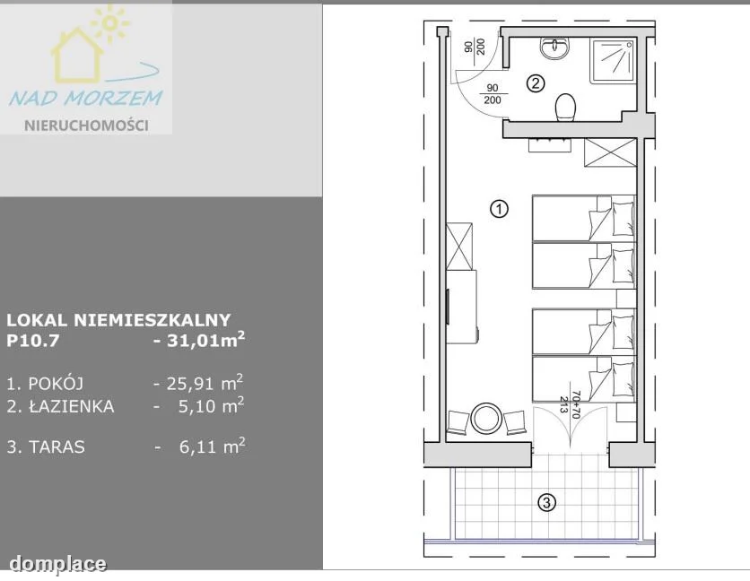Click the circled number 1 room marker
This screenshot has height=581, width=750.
(500, 209)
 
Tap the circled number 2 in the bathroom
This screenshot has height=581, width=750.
(536, 83)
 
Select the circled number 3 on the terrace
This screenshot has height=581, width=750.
(546, 503)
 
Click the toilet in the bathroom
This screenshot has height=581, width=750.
(565, 106)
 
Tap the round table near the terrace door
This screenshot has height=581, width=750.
(486, 420)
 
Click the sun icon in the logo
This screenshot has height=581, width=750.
(109, 22)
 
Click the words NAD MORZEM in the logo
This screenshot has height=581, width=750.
(85, 98)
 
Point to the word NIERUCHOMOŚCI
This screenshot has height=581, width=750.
(87, 126)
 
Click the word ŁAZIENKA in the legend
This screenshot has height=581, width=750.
(72, 406)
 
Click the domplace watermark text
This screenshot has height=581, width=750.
(58, 564)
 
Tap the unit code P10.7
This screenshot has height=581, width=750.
(33, 341)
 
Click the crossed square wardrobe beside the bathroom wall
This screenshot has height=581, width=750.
(610, 152)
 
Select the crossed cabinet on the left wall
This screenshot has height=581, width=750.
(459, 247)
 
